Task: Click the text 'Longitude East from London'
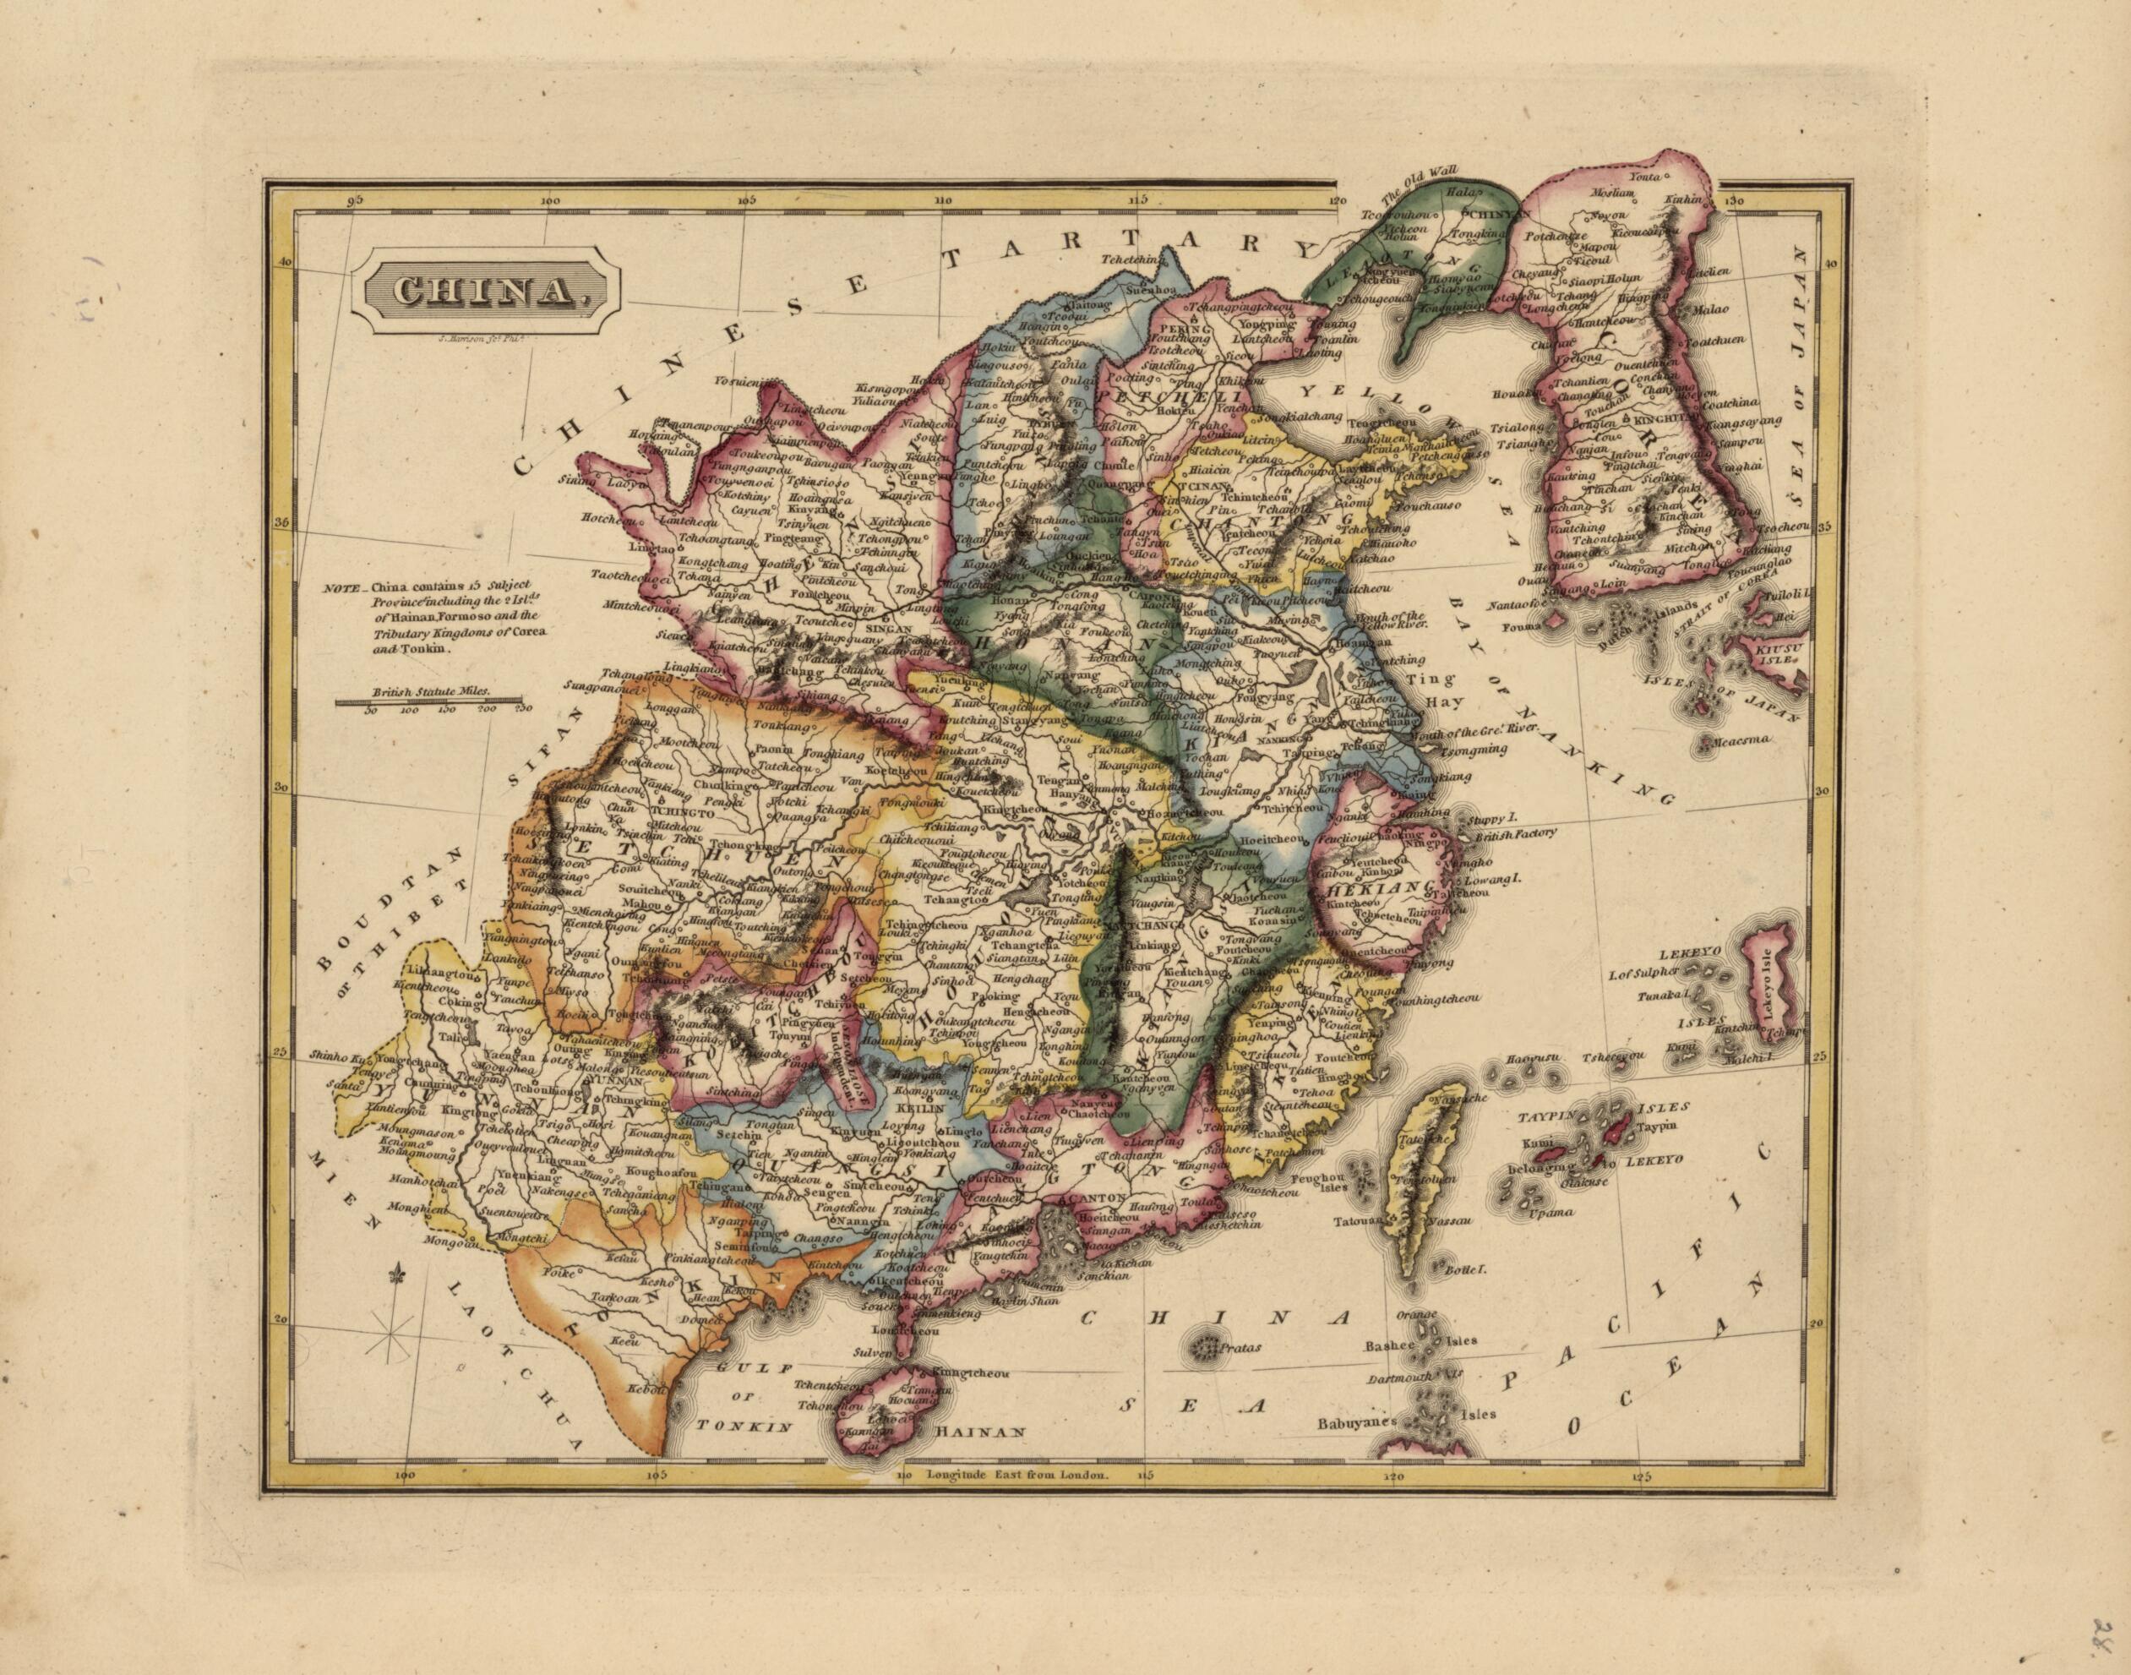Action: (x=1016, y=1502)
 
